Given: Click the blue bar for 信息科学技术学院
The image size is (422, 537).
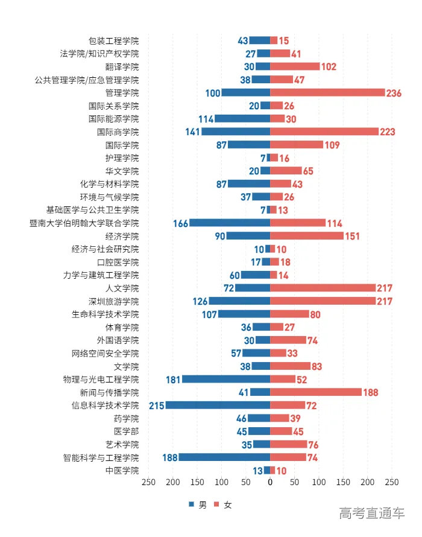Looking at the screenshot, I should tap(218, 405).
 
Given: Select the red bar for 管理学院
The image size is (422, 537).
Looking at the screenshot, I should tap(327, 93).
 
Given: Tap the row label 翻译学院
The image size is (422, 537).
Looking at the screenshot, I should tap(122, 67).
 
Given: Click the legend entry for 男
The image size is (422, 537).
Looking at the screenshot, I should tap(198, 505).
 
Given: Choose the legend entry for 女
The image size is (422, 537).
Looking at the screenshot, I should tap(223, 505).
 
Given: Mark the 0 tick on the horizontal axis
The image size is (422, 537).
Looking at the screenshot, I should tap(270, 483).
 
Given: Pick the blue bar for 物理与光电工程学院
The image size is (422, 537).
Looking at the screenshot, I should tap(226, 380).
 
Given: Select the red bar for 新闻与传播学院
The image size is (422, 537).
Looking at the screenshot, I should tap(316, 392).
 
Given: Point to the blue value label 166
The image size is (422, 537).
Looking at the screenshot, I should tap(180, 223).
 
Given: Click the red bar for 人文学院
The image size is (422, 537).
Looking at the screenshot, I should tap(323, 288).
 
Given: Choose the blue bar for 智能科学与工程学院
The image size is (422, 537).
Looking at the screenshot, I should tap(224, 457).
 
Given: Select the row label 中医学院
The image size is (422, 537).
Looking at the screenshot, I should tap(122, 471).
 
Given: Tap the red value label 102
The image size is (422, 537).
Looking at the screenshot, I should tap(329, 67).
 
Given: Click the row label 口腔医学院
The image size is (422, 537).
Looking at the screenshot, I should tap(118, 262).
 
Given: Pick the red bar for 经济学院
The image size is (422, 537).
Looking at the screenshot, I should tap(307, 236).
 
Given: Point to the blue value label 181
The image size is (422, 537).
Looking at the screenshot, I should tap(174, 380).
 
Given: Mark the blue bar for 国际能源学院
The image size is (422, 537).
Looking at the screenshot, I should tap(242, 119).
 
